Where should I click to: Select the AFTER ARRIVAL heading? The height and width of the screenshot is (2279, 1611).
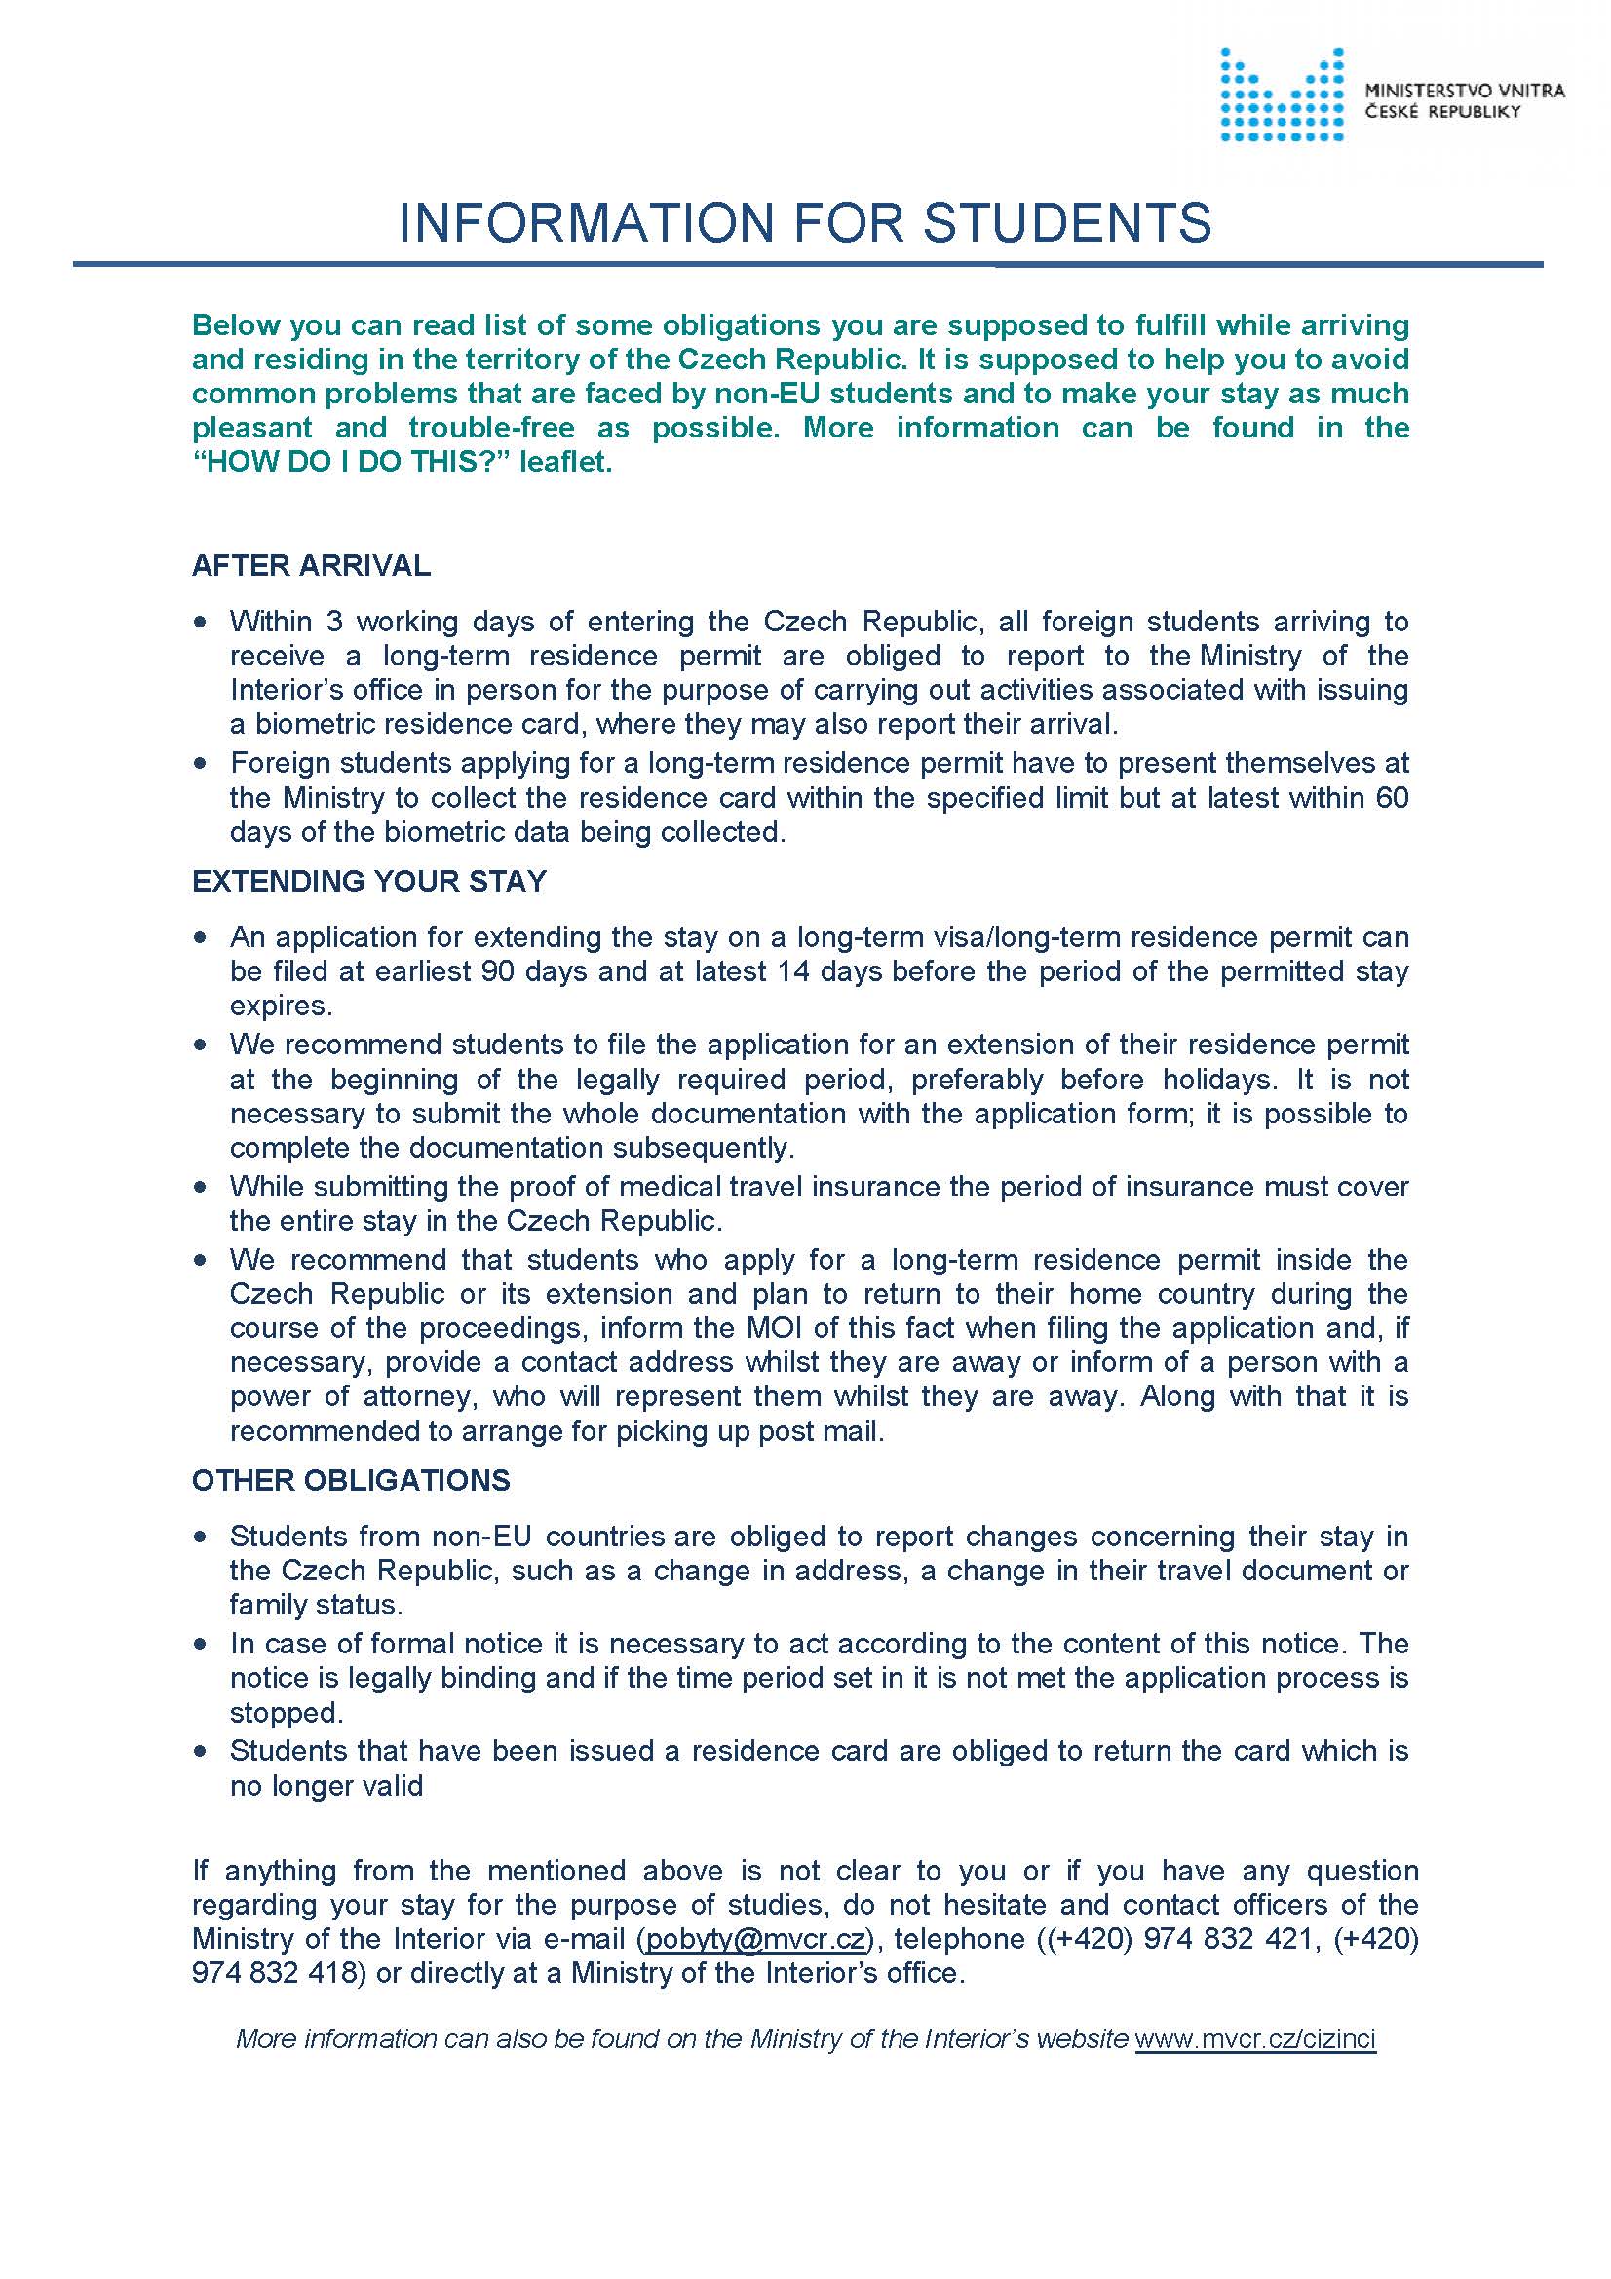point(311,566)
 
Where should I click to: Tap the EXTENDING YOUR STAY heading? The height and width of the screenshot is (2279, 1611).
point(369,882)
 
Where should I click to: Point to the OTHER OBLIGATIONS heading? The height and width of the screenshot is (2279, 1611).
point(351,1480)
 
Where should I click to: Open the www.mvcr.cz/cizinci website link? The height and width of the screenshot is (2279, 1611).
point(1254,2038)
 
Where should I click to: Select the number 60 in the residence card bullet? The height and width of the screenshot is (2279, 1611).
point(1392,798)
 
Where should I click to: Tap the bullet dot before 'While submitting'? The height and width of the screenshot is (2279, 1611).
point(202,1187)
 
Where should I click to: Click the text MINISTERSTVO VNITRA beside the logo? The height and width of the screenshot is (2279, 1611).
point(1464,92)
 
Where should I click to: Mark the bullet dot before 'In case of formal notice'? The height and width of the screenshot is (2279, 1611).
point(202,1645)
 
